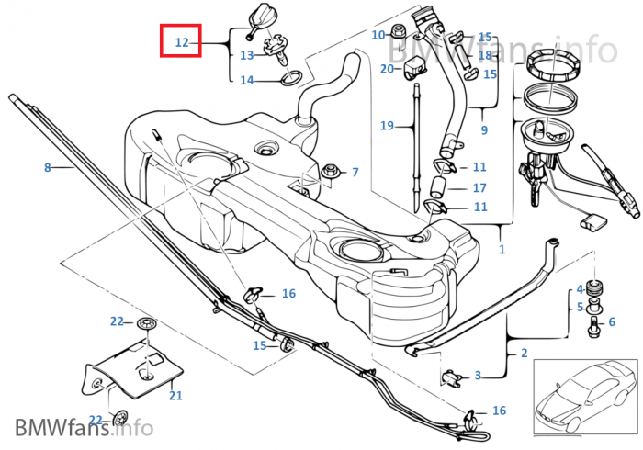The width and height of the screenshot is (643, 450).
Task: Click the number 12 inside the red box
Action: (x=181, y=42)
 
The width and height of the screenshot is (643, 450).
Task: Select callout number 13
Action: (x=247, y=55)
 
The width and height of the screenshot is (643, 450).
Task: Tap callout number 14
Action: (x=247, y=81)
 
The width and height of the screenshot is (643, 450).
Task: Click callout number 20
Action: (x=387, y=68)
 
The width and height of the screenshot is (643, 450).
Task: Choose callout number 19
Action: (x=387, y=125)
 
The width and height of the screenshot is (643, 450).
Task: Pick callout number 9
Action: (x=484, y=130)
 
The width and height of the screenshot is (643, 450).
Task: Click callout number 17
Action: (x=479, y=188)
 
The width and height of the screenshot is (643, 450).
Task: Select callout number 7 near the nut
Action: (x=355, y=172)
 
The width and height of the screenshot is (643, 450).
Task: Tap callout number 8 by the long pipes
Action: (x=48, y=167)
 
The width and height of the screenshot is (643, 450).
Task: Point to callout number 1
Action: (x=502, y=249)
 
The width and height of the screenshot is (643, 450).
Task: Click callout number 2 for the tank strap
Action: (x=525, y=354)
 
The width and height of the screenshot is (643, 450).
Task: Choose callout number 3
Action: (x=478, y=375)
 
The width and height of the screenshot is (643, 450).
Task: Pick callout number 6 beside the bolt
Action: (x=612, y=322)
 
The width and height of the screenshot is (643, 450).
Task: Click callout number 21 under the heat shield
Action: (x=175, y=396)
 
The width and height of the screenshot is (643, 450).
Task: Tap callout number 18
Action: (x=485, y=55)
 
